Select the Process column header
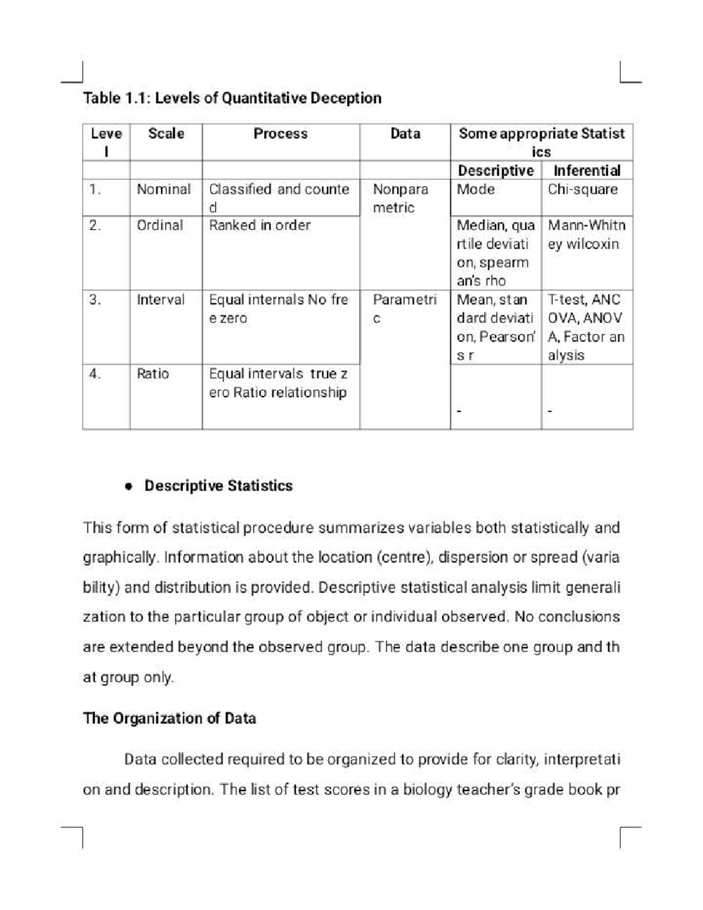tap(280, 134)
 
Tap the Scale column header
tap(166, 134)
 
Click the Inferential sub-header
tap(586, 171)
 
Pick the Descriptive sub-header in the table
tap(495, 171)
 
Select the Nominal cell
tap(163, 189)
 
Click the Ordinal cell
tap(160, 226)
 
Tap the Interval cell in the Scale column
tap(160, 300)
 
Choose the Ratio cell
tap(152, 374)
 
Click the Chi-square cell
tap(582, 189)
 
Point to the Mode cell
tap(475, 189)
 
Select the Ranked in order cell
tap(260, 226)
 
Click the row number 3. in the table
tap(95, 300)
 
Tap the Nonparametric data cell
tap(400, 198)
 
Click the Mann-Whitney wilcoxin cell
tap(586, 234)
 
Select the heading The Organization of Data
tap(169, 718)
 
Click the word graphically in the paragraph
tap(120, 557)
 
